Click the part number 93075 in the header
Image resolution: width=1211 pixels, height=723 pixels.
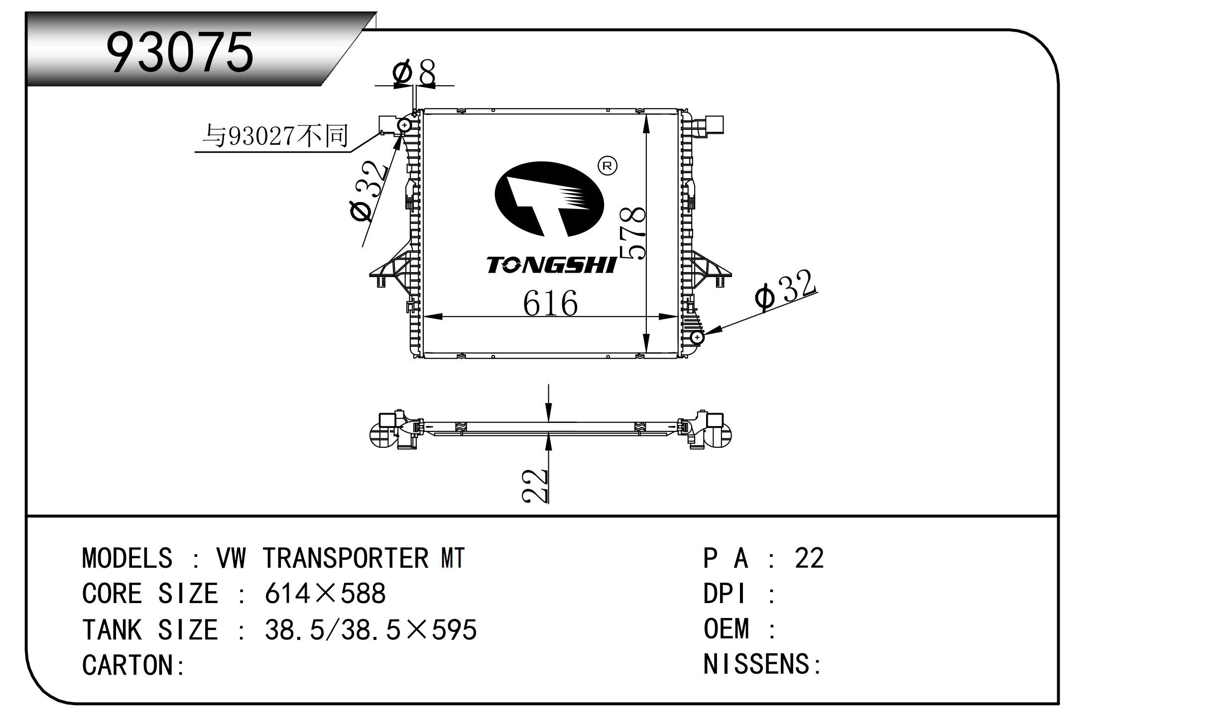tap(180, 53)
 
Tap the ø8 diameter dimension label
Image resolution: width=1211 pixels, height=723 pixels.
tap(414, 73)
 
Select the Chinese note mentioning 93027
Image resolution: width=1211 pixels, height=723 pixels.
tap(275, 136)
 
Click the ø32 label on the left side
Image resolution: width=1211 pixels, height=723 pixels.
tap(368, 192)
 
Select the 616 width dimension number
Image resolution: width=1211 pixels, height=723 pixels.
tap(550, 303)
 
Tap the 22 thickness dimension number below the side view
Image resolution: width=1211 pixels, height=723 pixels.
tap(535, 485)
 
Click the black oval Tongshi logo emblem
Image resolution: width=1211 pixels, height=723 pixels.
tap(549, 199)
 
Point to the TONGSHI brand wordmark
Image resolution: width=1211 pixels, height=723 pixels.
tap(552, 265)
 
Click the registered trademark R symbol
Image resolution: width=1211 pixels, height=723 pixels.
tap(606, 166)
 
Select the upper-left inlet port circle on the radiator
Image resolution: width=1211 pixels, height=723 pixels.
tap(404, 125)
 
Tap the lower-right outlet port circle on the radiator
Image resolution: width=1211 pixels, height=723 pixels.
tap(697, 337)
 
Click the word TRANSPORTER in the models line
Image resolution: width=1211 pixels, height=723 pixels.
tap(345, 558)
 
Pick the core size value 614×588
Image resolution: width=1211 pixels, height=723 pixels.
tap(325, 594)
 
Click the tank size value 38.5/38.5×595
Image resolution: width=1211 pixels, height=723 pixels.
tap(370, 630)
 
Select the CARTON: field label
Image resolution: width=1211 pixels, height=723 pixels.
tap(133, 665)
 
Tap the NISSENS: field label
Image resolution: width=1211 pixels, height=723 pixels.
tap(761, 664)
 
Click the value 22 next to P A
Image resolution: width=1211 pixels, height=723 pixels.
tap(809, 558)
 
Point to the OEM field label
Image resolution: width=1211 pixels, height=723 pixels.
tap(726, 629)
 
